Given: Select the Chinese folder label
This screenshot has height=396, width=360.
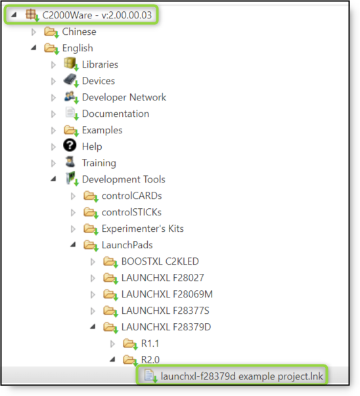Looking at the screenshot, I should pyautogui.click(x=79, y=32).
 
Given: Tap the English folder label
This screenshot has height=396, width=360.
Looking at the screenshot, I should pyautogui.click(x=78, y=48).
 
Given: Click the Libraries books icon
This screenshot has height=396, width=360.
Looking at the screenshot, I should pyautogui.click(x=70, y=64).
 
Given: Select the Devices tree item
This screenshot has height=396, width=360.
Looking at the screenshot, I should pyautogui.click(x=98, y=81).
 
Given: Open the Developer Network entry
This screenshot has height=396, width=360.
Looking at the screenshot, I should pyautogui.click(x=124, y=97).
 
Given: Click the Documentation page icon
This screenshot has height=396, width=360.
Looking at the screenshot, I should pyautogui.click(x=70, y=114).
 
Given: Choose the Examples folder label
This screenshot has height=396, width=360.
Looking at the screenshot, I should pyautogui.click(x=102, y=130).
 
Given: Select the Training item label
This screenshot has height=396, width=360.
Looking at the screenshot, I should pyautogui.click(x=99, y=163).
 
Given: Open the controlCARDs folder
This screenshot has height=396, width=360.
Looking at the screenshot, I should pyautogui.click(x=131, y=196).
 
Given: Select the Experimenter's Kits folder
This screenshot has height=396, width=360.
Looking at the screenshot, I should pyautogui.click(x=143, y=229).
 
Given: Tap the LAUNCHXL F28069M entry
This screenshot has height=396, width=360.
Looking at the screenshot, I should pyautogui.click(x=167, y=294).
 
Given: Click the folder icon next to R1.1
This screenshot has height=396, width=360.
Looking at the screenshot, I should pyautogui.click(x=129, y=343).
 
